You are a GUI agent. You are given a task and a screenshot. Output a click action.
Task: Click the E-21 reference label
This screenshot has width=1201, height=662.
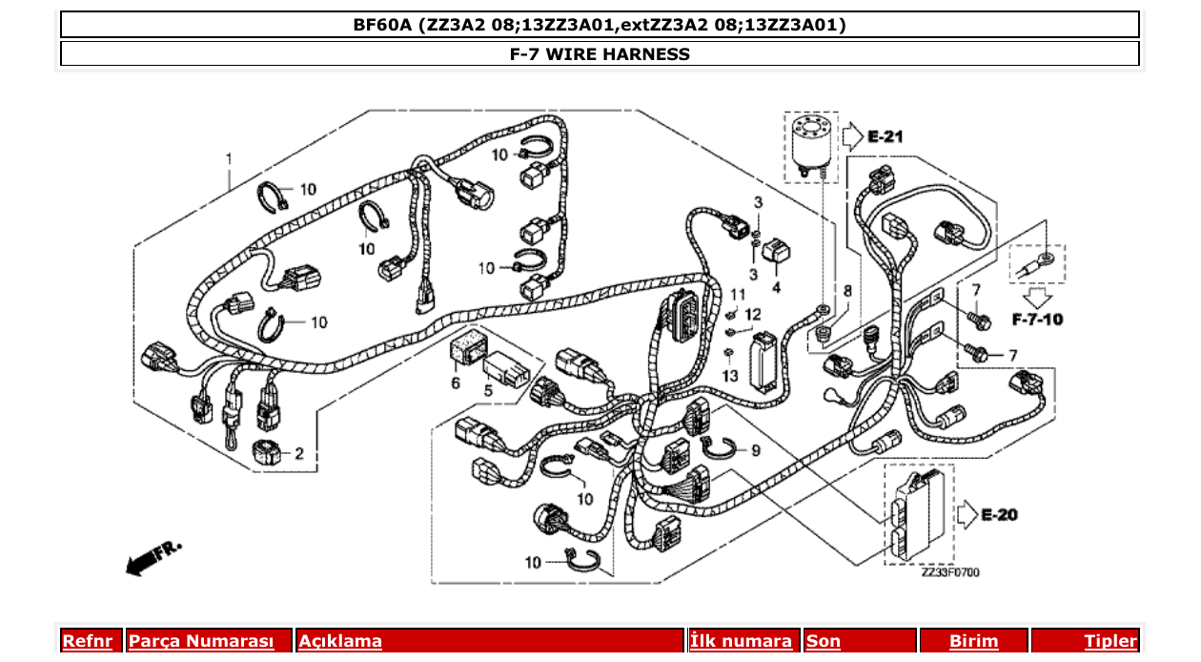(885, 137)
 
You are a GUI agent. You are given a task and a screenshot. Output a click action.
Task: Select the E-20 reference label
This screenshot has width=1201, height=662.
(999, 515)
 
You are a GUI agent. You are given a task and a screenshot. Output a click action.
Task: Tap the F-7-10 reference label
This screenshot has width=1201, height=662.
(1037, 319)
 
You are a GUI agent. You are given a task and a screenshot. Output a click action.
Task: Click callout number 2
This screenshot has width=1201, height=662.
(298, 454)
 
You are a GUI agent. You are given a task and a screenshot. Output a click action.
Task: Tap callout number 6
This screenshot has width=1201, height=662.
(455, 383)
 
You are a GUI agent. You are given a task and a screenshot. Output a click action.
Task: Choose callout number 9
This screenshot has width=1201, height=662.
(755, 449)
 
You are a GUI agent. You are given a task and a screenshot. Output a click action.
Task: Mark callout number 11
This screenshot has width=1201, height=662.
(738, 293)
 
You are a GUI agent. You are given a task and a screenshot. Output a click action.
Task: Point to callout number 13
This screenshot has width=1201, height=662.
(730, 376)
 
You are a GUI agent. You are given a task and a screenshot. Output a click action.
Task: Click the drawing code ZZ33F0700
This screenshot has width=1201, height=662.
(949, 572)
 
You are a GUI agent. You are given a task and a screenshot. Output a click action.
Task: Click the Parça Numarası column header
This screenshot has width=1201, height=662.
(201, 641)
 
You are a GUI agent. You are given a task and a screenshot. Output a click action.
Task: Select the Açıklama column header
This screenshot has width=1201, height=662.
(340, 641)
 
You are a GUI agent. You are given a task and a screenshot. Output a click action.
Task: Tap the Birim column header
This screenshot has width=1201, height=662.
(973, 641)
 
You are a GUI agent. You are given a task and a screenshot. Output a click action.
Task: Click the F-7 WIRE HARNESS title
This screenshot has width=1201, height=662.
(600, 54)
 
